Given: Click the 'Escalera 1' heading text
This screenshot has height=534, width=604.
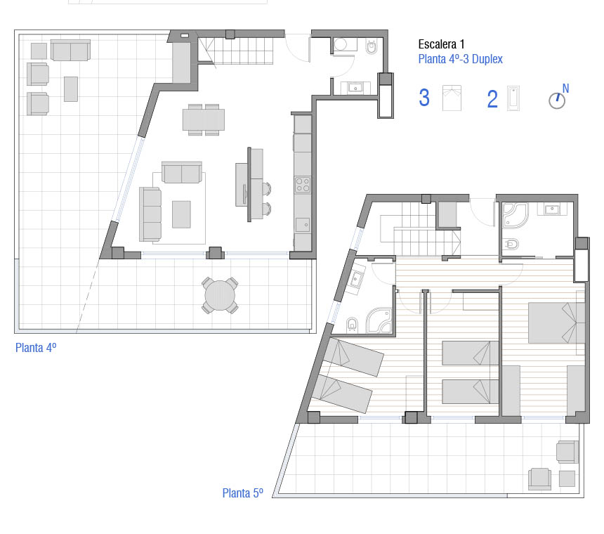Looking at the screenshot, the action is [x=441, y=44].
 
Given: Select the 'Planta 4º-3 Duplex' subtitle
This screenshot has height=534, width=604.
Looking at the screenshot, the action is [x=460, y=59].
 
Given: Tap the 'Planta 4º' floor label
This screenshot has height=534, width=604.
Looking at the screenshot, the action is [x=36, y=348].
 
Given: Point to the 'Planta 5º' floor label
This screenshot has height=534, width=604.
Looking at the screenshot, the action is [x=243, y=493].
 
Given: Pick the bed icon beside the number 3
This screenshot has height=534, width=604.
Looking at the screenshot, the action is [x=452, y=98].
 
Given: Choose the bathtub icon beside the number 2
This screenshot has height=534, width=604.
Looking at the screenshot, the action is [x=513, y=98].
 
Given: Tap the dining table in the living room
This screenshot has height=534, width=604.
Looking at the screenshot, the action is [x=204, y=119].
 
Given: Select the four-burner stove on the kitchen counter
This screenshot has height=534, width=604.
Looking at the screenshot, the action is [x=303, y=184].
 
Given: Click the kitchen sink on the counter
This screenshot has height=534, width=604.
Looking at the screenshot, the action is [x=303, y=225].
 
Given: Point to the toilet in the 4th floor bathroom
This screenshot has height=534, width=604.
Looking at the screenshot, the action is [x=372, y=47].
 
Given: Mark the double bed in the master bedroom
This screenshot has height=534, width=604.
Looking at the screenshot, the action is [x=557, y=323].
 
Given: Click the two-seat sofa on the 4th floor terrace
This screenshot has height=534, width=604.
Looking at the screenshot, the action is [x=70, y=50].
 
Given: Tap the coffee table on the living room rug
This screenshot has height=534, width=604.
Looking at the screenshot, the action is [x=181, y=214].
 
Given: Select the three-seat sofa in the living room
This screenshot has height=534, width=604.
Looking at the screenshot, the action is [x=150, y=214].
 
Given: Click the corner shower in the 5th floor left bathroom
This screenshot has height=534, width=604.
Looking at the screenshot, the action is [x=379, y=320].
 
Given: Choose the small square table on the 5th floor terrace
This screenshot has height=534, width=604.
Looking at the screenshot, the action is [x=567, y=478].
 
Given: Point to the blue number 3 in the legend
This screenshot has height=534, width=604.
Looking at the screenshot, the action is [x=424, y=98].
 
